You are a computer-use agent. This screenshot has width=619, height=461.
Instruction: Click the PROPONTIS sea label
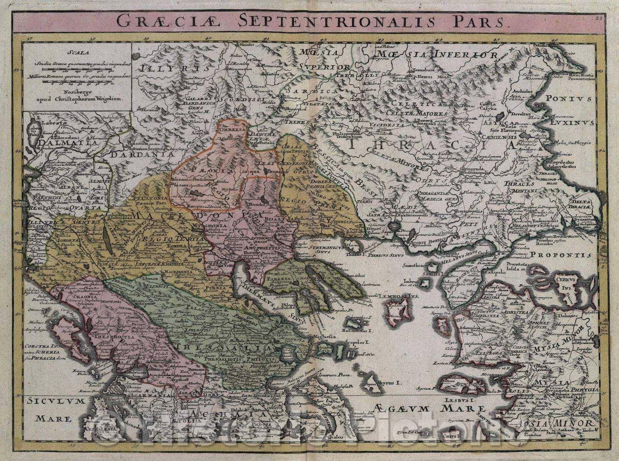pos(561,255)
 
